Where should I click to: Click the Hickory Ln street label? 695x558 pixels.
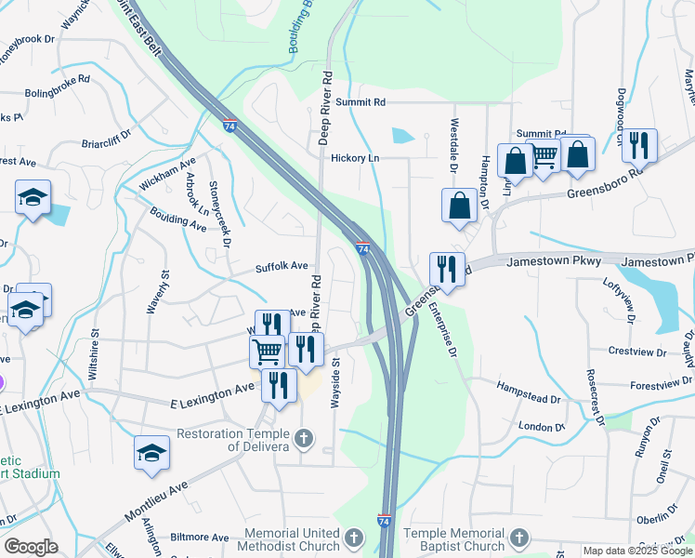[355, 158]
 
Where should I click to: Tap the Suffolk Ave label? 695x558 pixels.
[282, 267]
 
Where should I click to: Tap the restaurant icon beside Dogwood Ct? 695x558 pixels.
[639, 144]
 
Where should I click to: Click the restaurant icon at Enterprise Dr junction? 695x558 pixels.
[447, 270]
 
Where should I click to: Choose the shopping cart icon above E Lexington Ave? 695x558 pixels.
[267, 351]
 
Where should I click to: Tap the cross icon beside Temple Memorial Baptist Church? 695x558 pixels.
[519, 538]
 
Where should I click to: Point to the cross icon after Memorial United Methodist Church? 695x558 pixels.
[353, 538]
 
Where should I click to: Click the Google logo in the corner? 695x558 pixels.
[31, 547]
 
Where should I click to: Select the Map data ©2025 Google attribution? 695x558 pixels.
[636, 551]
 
